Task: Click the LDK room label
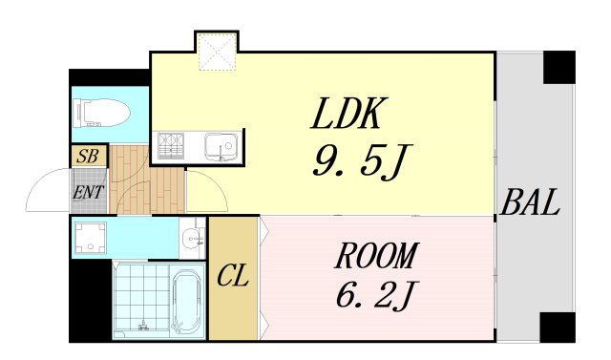[x=348, y=115]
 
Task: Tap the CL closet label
[x=233, y=279]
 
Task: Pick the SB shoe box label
[x=89, y=156]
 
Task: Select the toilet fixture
[x=98, y=113]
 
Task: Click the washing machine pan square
[x=92, y=237]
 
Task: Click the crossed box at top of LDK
[x=216, y=53]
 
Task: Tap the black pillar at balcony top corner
[x=559, y=67]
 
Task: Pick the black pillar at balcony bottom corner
[x=558, y=327]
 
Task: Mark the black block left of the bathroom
[x=90, y=301]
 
